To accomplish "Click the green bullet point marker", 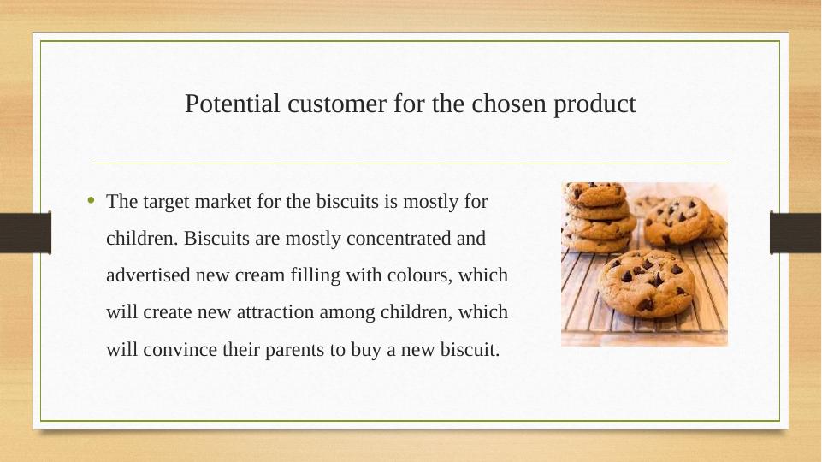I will coord(92,202).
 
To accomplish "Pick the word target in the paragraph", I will coord(165,203).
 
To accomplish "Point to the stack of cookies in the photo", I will coord(598,216).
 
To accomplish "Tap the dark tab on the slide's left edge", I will coord(25,233).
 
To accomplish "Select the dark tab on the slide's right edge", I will coord(795,233).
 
